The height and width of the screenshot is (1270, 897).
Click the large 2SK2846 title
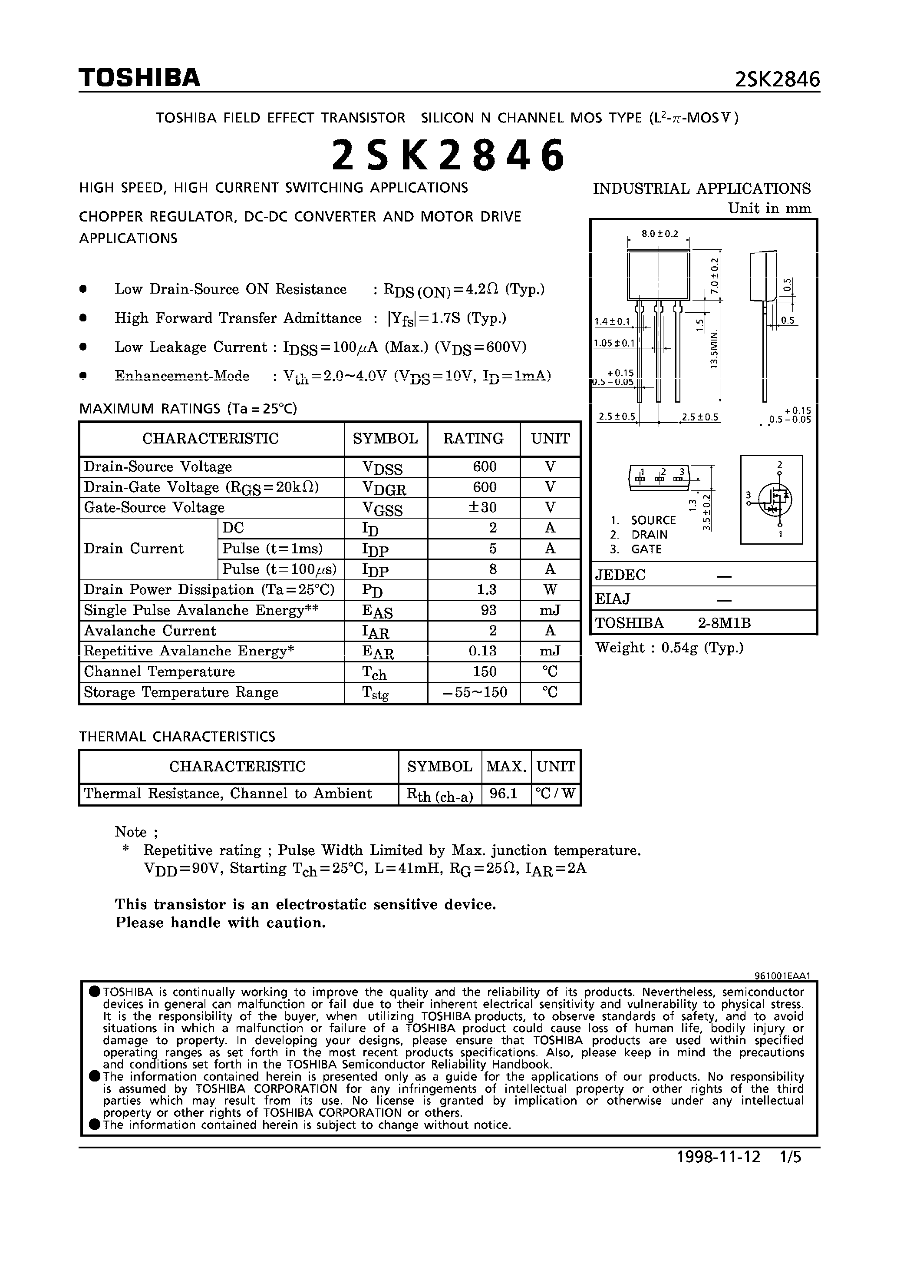coord(448,155)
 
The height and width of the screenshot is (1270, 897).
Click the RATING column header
coord(473,439)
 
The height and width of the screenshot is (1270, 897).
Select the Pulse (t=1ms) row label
coord(272,549)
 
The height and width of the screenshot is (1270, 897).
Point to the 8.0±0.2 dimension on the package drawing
coord(659,234)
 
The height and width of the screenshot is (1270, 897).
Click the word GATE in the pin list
coord(646,549)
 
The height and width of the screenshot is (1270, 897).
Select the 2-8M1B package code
coord(724,623)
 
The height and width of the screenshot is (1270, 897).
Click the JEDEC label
coord(620,575)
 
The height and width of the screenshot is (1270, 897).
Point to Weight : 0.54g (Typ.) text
coord(669,648)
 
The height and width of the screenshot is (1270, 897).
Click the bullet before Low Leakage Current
coord(83,347)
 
